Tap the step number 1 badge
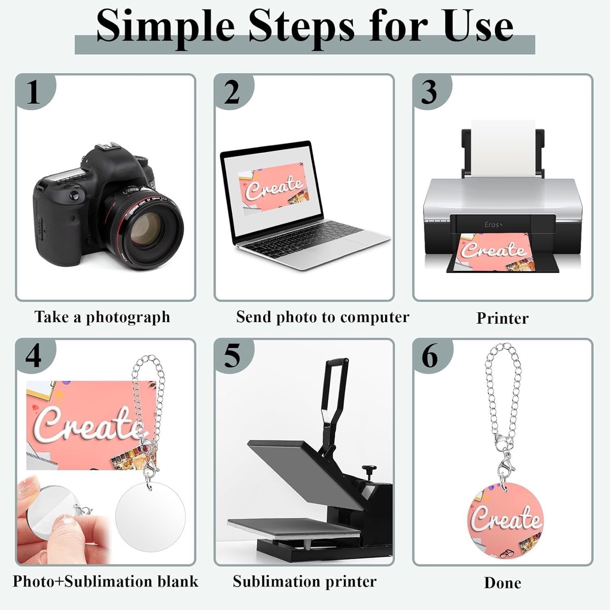click(x=35, y=92)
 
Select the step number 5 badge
click(x=234, y=356)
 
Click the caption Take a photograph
click(x=102, y=318)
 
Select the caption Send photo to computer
click(x=323, y=318)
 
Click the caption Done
click(x=503, y=583)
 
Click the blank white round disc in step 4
click(x=150, y=512)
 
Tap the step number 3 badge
click(x=432, y=92)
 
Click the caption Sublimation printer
click(x=305, y=582)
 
